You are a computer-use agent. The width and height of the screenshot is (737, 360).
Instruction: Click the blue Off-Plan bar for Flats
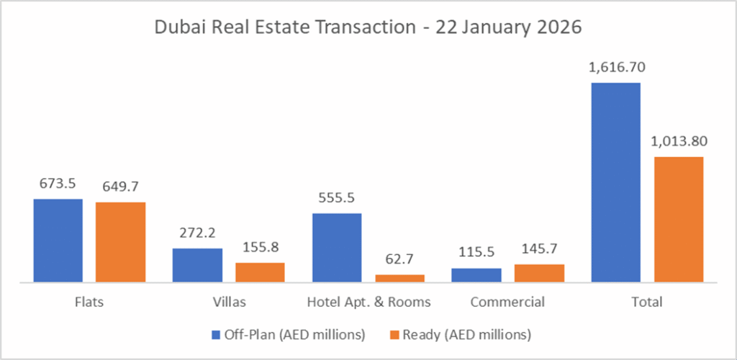point(58,240)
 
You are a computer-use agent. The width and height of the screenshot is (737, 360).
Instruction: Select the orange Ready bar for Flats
point(120,242)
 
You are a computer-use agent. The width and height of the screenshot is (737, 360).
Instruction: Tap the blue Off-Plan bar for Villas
point(197,265)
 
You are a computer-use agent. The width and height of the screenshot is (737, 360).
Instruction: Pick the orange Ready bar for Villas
point(260,272)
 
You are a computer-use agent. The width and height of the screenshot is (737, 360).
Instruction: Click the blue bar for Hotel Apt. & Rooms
point(337,247)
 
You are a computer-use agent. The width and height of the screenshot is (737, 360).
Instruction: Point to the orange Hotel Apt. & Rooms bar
point(399,278)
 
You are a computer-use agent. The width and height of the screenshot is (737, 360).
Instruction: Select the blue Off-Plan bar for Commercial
point(476,274)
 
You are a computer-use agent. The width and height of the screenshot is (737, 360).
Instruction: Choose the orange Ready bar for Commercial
point(539,273)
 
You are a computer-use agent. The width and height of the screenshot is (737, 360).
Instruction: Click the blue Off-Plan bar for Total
point(615,181)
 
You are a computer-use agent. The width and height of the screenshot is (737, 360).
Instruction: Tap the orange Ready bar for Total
point(678,219)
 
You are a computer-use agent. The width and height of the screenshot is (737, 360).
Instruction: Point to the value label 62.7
point(399,260)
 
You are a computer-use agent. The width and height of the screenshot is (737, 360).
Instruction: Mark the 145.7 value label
point(539,249)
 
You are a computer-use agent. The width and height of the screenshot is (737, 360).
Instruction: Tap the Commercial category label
point(507,302)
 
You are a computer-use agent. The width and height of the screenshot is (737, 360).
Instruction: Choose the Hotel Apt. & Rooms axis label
point(368,302)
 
